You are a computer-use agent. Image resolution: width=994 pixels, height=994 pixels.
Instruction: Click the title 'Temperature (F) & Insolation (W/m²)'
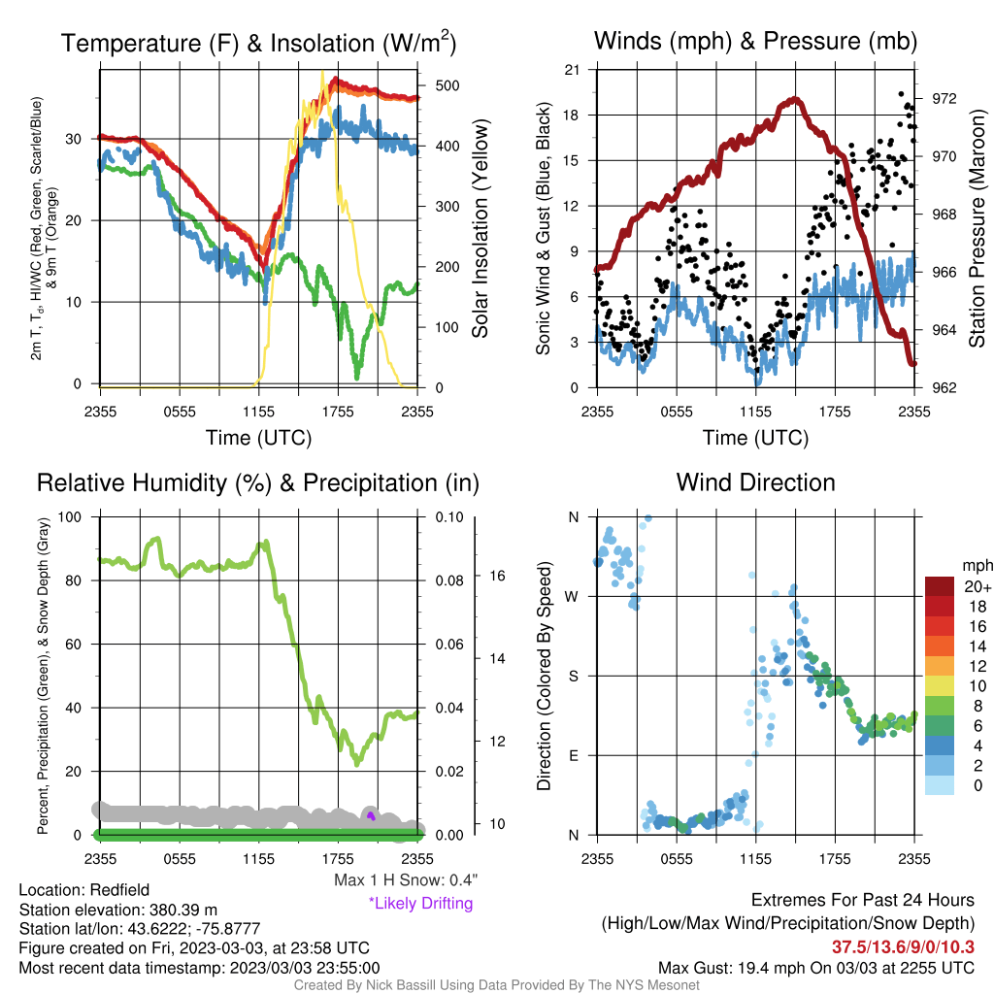258,43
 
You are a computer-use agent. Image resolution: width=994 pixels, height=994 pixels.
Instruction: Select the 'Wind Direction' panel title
755,482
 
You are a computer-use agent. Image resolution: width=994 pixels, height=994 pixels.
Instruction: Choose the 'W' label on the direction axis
572,597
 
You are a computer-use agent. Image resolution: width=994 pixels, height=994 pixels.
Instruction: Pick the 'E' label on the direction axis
574,755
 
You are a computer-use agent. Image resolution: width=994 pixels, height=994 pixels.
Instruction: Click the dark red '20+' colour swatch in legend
940,586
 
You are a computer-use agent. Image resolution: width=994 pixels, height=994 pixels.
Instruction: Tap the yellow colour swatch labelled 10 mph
940,686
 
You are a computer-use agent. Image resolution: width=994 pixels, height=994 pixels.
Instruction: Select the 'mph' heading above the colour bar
977,565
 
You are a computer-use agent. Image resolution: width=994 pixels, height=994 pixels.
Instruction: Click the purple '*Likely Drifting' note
421,904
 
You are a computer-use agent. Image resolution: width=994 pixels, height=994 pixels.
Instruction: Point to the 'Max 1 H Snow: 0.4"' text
406,879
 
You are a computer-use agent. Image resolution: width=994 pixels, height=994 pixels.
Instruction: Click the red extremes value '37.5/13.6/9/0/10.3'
903,946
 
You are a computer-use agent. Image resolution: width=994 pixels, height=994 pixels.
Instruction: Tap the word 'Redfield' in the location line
119,889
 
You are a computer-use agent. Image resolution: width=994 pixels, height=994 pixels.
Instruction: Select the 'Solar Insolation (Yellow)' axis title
480,228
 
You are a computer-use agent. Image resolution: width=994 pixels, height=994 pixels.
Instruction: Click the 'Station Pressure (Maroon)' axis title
977,228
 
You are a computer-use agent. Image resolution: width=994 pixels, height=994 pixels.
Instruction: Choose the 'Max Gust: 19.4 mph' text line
816,968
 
